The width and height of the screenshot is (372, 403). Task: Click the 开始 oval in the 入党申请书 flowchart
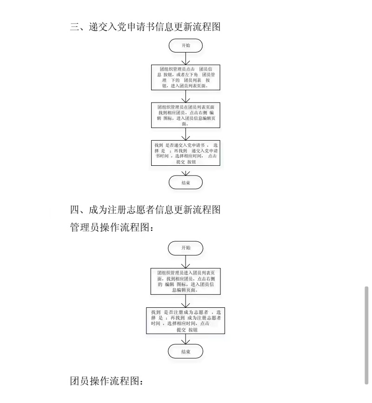[x=186, y=45]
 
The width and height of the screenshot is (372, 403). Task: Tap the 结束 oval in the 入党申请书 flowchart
[x=186, y=182]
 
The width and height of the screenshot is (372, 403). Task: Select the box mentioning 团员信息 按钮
[x=186, y=78]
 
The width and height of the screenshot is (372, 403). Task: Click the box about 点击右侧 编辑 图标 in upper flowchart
[x=186, y=115]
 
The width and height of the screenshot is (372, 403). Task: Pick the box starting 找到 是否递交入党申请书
[x=186, y=153]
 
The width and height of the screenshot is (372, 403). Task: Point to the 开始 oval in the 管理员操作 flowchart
[x=186, y=247]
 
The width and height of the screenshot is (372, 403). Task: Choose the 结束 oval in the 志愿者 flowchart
[x=186, y=352]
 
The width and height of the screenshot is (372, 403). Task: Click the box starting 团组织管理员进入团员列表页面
[x=186, y=281]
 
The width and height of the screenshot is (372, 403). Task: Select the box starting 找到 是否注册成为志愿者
[x=186, y=320]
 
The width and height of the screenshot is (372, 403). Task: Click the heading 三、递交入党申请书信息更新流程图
[x=145, y=26]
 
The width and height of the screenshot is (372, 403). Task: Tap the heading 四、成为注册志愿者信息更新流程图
[x=145, y=210]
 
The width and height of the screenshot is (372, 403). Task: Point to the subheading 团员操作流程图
[x=107, y=382]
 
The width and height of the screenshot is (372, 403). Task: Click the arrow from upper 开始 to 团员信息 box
[x=186, y=59]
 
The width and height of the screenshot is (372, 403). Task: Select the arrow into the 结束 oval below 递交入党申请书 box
[x=186, y=170]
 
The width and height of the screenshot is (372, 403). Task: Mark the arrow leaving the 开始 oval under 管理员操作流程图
[x=186, y=261]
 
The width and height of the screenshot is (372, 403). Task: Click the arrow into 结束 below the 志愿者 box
[x=186, y=339]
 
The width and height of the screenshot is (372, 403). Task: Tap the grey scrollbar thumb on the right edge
[x=366, y=335]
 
